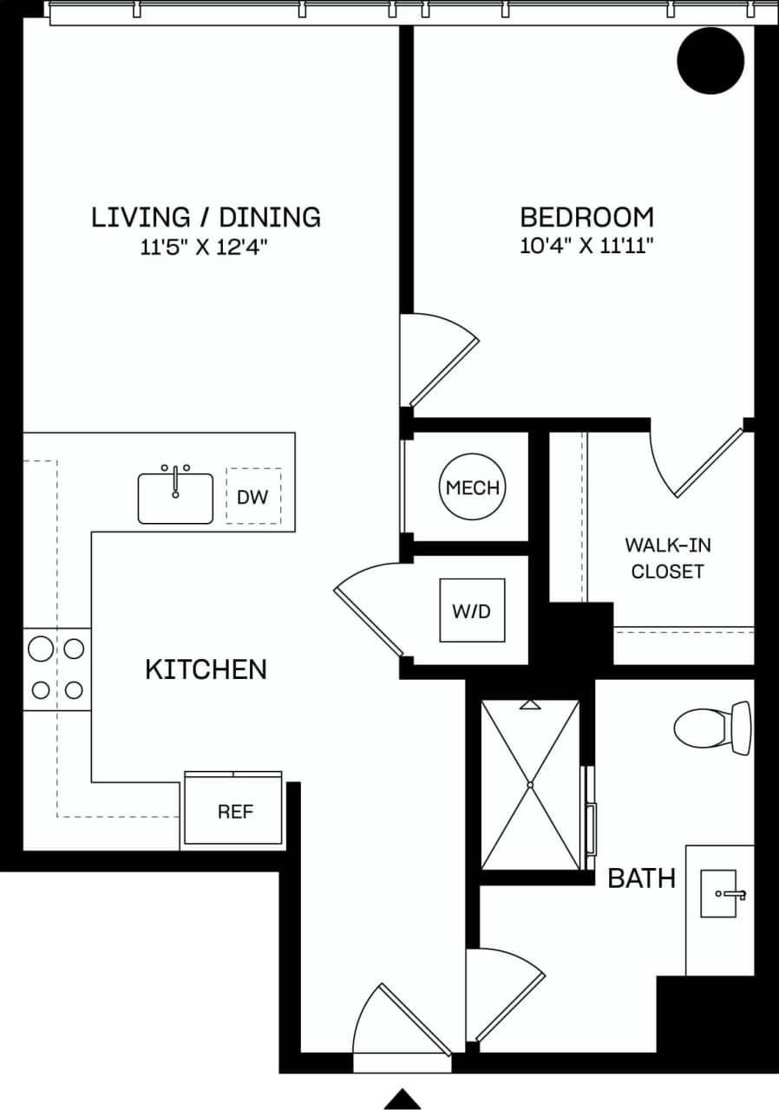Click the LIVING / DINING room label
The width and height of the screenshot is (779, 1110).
(x=206, y=217)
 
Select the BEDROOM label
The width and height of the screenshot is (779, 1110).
(x=586, y=217)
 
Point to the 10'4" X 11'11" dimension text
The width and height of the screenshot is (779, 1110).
(x=586, y=246)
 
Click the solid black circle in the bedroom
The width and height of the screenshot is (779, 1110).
(x=710, y=60)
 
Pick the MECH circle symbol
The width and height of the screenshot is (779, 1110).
(x=472, y=487)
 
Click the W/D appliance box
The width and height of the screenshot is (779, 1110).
(x=472, y=610)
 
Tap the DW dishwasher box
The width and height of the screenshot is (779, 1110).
(x=253, y=497)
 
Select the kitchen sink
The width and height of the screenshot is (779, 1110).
(x=175, y=498)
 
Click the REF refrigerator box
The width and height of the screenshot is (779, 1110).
(x=234, y=812)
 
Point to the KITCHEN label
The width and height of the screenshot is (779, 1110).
(x=206, y=669)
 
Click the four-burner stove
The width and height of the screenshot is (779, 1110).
(x=57, y=669)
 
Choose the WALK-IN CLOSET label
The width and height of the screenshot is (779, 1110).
(x=667, y=558)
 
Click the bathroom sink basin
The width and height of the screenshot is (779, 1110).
(x=719, y=893)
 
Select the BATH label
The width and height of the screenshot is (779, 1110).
(x=641, y=878)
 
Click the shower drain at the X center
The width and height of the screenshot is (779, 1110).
(x=530, y=785)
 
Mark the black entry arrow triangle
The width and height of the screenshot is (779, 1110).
(x=403, y=1098)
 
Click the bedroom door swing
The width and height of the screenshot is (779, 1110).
(x=441, y=360)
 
